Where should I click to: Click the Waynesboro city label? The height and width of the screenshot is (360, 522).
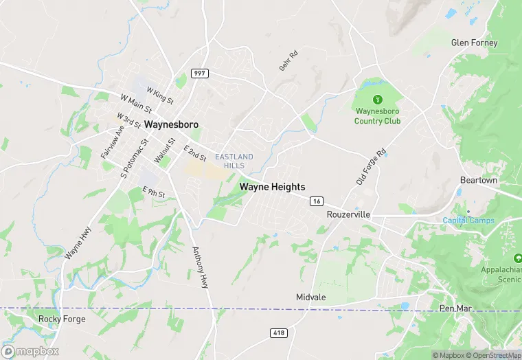point(171,125)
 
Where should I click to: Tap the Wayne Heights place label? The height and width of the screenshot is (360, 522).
point(272,186)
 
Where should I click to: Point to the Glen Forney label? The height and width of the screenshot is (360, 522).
point(474,43)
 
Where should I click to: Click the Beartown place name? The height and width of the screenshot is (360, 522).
point(478,180)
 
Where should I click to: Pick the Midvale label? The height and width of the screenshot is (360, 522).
point(310,297)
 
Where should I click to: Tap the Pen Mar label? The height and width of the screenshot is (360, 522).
point(455,308)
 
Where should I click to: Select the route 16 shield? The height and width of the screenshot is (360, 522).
point(316,201)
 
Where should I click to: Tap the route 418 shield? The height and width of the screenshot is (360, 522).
point(278,333)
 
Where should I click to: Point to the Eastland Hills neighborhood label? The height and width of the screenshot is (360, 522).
point(234,161)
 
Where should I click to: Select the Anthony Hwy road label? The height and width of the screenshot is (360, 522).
point(200,267)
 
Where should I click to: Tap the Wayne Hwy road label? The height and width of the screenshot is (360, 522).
point(78,243)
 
